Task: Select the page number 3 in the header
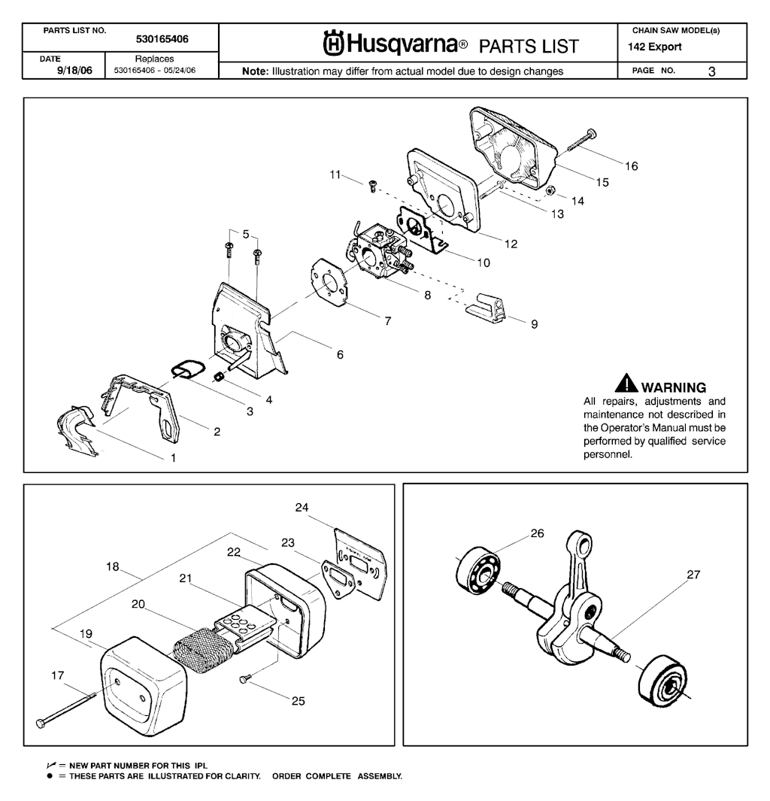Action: pyautogui.click(x=711, y=71)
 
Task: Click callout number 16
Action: pyautogui.click(x=632, y=166)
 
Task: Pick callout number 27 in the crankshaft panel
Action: pyautogui.click(x=693, y=575)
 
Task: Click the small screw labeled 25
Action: pyautogui.click(x=244, y=679)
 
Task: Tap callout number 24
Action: pyautogui.click(x=302, y=508)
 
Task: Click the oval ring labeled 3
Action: pyautogui.click(x=185, y=369)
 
